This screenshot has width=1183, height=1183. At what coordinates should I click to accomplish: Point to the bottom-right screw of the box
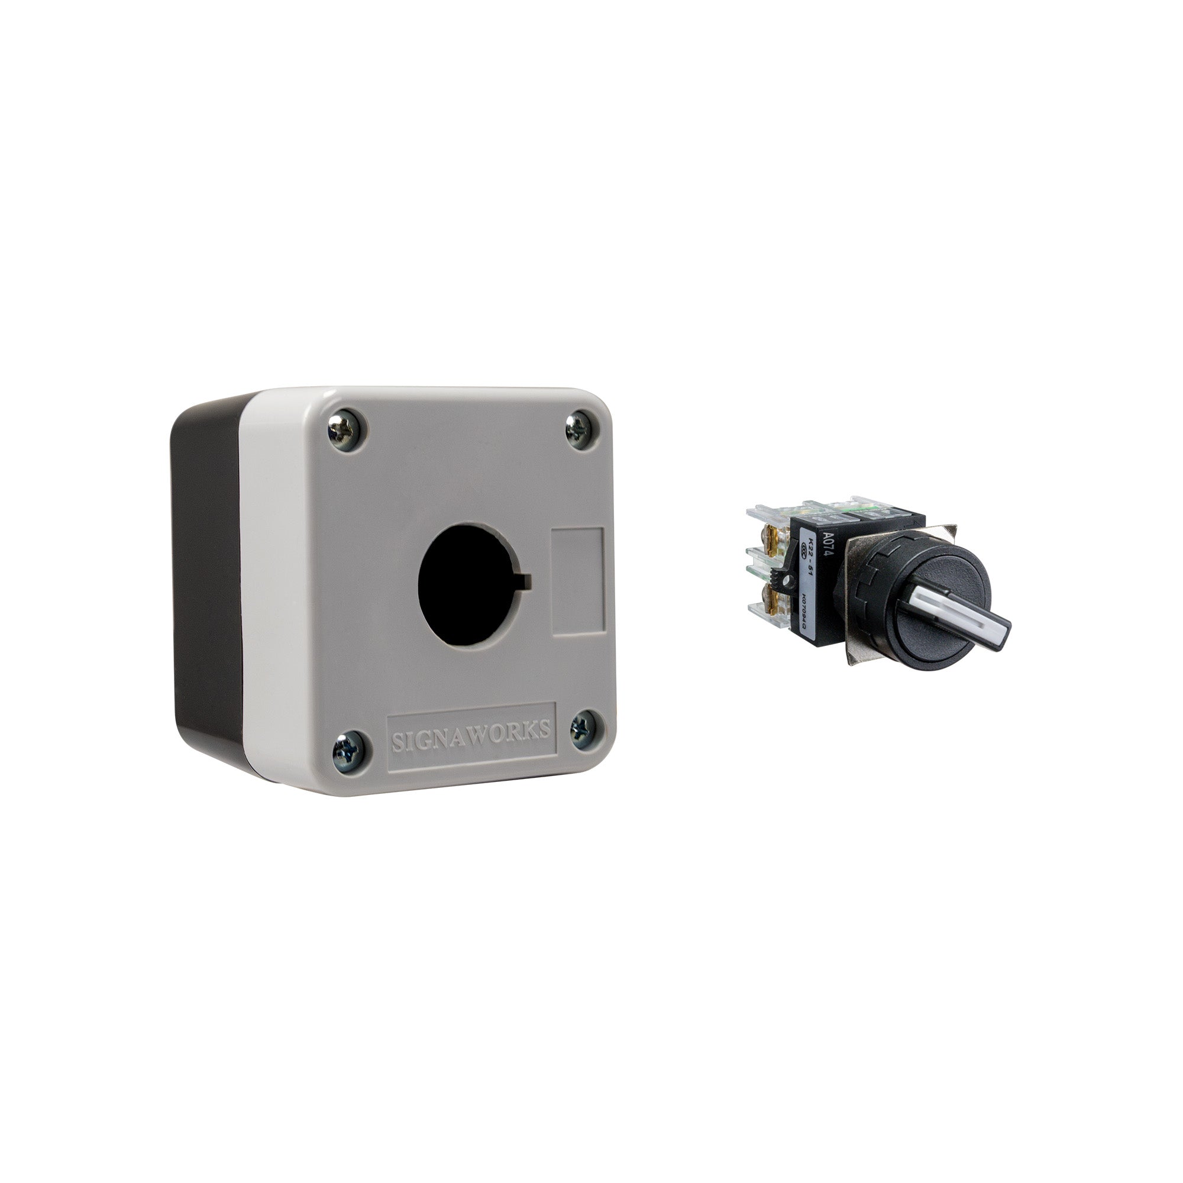tap(582, 729)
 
